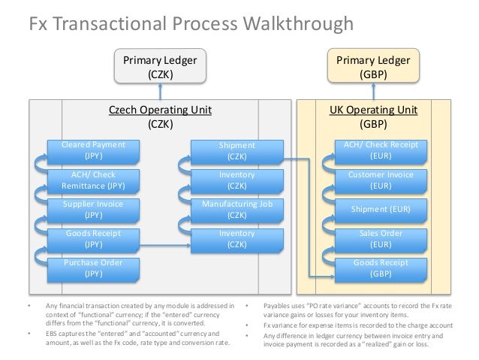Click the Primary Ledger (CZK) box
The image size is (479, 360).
[158, 67]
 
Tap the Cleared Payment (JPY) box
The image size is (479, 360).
[94, 150]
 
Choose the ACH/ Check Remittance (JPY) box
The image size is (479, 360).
[94, 180]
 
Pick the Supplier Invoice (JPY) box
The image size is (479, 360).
[94, 209]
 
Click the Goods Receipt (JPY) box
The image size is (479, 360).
[94, 239]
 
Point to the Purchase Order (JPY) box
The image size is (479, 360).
[94, 268]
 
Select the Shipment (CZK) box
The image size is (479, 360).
[236, 150]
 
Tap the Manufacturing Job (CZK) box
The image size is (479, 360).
[236, 209]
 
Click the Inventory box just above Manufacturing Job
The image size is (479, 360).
[236, 180]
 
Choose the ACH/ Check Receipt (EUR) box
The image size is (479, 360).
[380, 150]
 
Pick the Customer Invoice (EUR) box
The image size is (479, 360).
[380, 180]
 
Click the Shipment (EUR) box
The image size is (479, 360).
[380, 209]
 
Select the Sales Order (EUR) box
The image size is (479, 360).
[380, 239]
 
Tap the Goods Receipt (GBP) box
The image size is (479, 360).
[380, 268]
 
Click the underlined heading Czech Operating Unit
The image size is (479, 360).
[160, 110]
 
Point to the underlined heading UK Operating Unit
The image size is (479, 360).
[373, 110]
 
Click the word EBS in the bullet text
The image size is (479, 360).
[52, 331]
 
